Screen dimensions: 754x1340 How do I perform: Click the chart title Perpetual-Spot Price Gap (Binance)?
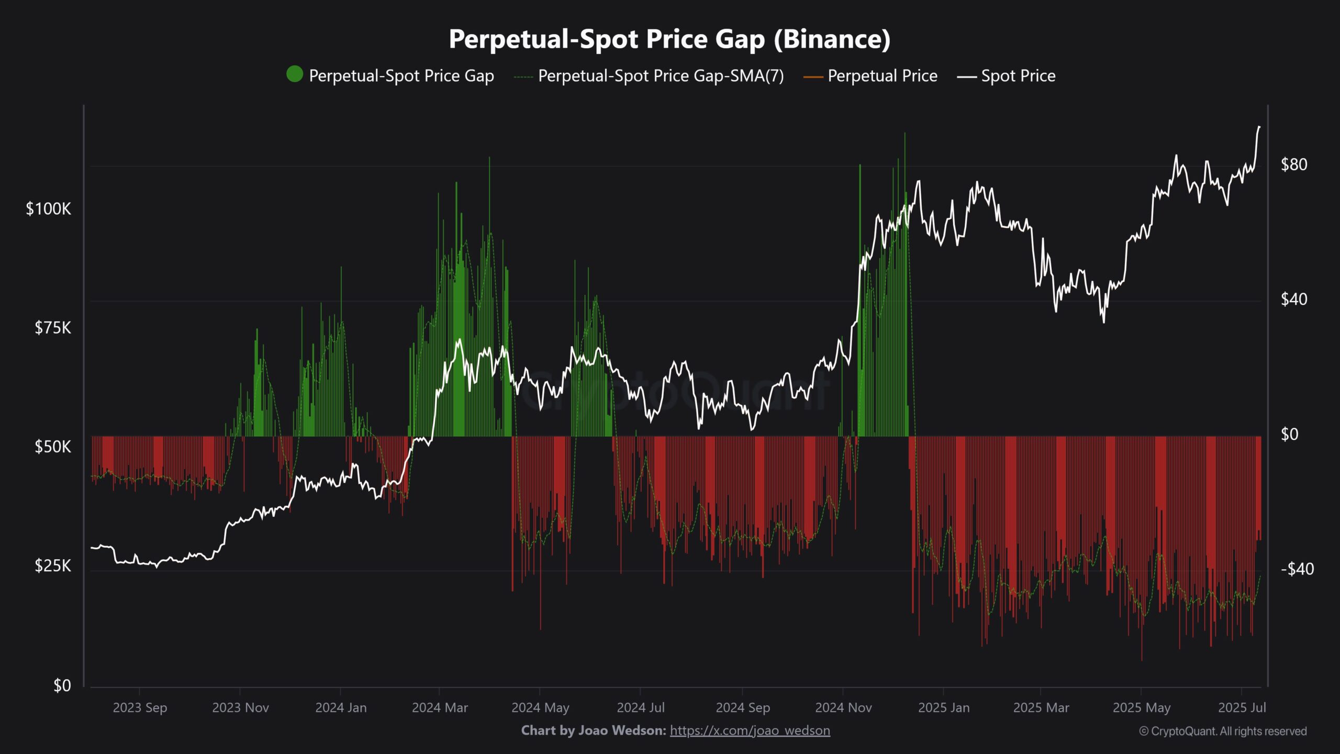[x=669, y=39]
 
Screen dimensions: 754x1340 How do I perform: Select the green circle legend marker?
[x=295, y=74]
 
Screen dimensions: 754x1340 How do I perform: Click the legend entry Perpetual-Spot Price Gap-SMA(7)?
[x=661, y=76]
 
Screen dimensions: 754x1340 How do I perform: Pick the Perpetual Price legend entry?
[x=882, y=76]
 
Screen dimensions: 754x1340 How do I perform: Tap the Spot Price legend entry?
[x=1018, y=76]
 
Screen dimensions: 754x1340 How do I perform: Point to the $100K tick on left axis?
[x=48, y=209]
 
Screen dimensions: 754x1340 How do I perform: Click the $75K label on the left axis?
[x=52, y=328]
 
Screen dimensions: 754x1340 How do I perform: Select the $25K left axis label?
[x=52, y=565]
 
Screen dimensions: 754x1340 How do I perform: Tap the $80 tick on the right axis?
[x=1293, y=165]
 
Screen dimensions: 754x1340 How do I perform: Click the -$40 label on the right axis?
[x=1297, y=569]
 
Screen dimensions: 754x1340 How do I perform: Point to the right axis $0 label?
[x=1289, y=434]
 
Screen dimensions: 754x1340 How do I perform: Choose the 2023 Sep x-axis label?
[x=140, y=708]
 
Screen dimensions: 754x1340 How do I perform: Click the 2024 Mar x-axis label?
[x=440, y=708]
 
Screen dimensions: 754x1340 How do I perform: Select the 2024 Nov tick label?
[x=843, y=708]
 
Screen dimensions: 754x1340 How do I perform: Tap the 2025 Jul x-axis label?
[x=1242, y=708]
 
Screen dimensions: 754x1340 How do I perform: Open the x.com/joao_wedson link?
[x=750, y=730]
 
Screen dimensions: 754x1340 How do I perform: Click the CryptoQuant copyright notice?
[x=1223, y=731]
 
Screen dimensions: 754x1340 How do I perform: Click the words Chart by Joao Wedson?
[x=594, y=730]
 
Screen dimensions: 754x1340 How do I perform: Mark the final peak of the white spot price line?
[x=1259, y=127]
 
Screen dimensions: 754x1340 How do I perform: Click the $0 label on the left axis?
[x=62, y=685]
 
